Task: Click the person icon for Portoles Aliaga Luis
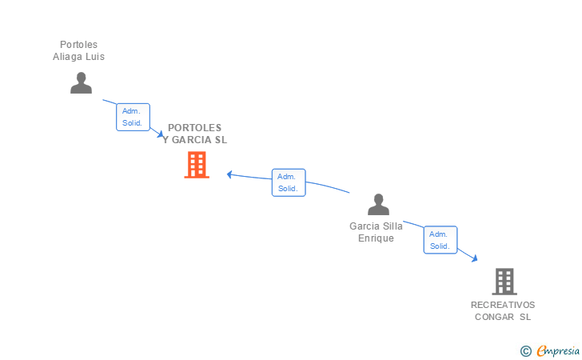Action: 81,82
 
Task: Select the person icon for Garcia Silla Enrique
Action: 378,205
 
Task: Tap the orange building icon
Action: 197,165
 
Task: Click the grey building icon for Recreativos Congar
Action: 504,281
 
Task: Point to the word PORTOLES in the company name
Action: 195,128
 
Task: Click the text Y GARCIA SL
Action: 195,140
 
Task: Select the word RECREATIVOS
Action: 503,305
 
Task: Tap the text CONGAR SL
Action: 503,317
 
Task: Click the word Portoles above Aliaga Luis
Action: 78,45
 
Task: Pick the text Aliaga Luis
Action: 78,57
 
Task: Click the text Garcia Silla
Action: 376,226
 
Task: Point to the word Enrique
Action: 376,238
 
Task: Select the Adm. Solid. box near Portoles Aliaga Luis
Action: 133,117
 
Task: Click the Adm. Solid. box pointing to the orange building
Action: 288,182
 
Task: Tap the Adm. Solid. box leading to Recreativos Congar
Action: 440,240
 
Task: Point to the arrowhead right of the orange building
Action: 229,174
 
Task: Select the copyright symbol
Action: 525,350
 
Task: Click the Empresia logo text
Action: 558,350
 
